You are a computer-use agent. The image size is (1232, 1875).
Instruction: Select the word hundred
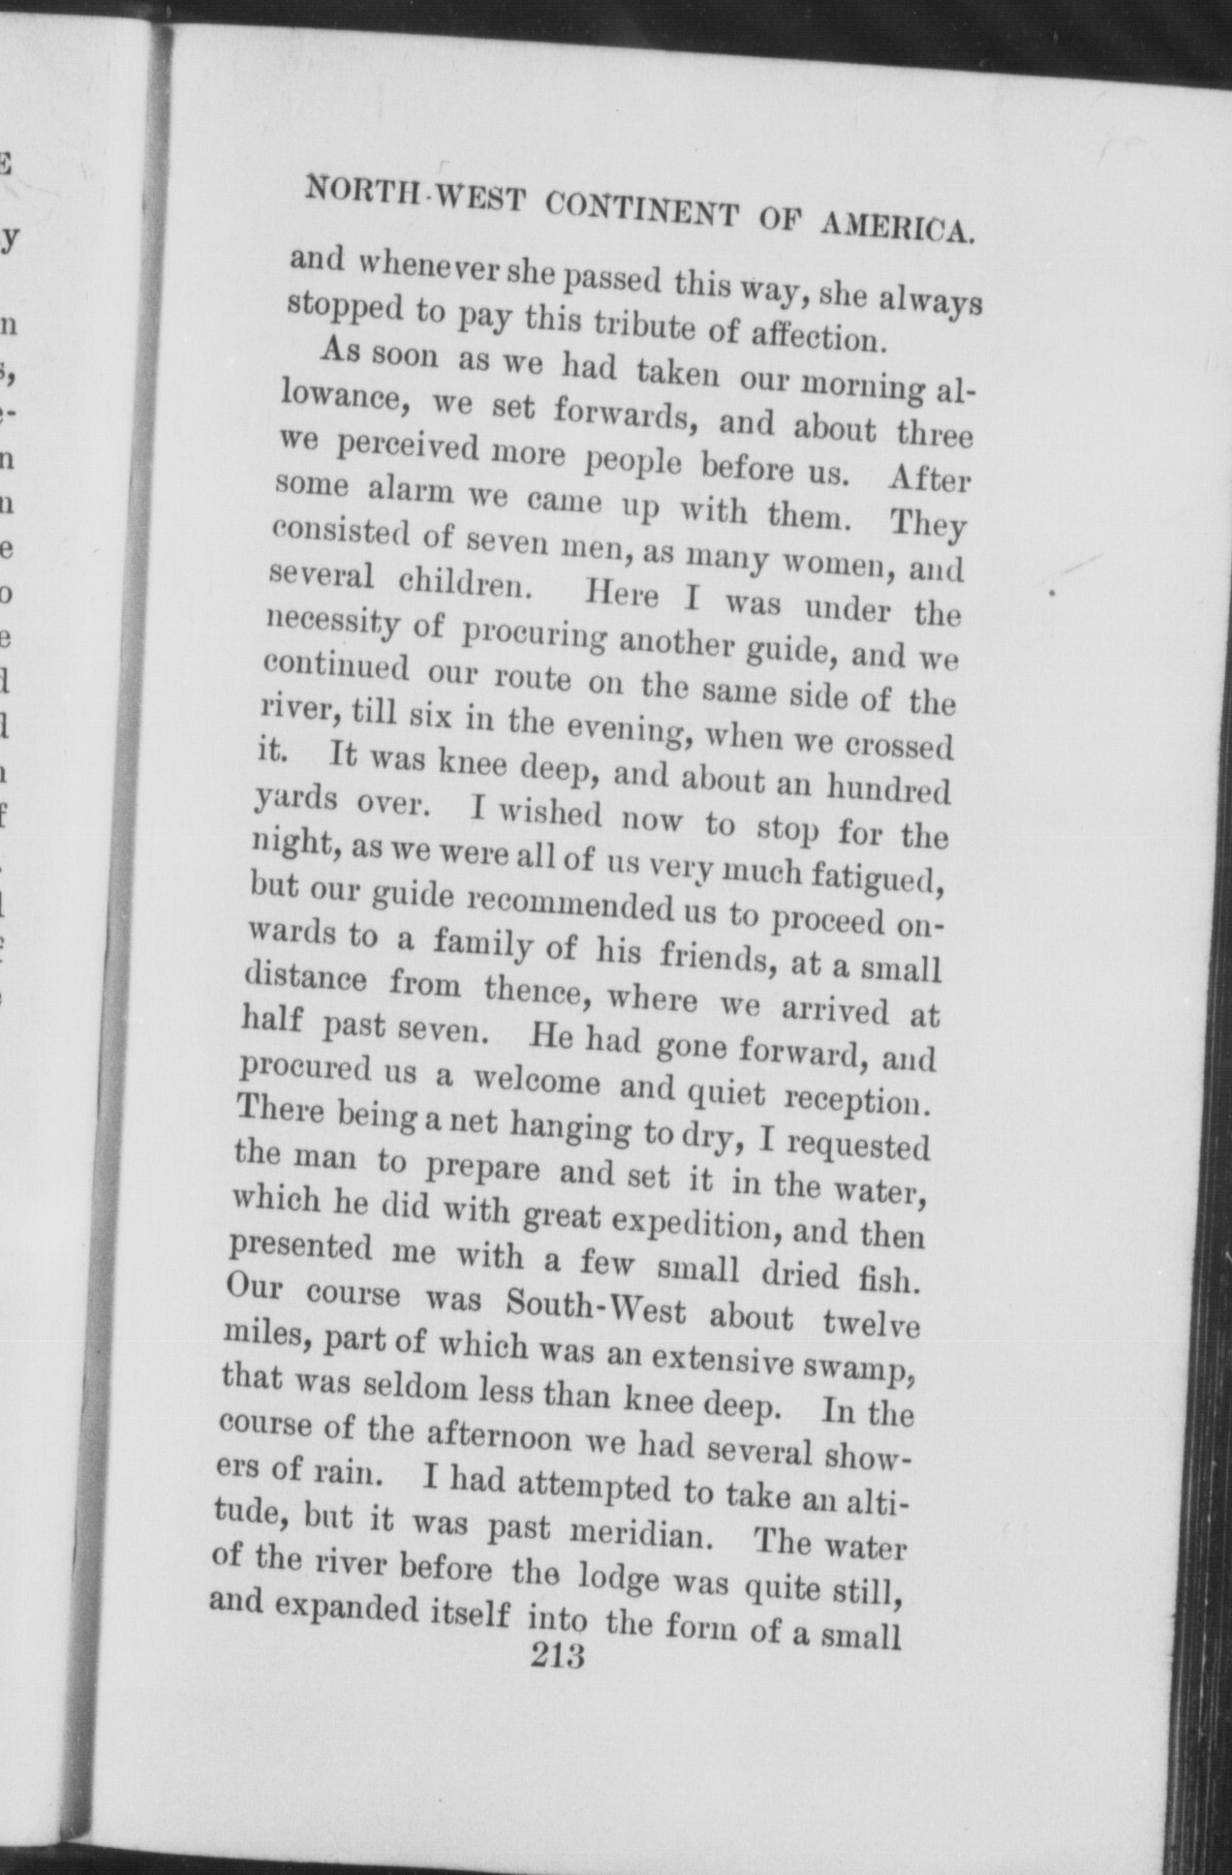click(x=887, y=789)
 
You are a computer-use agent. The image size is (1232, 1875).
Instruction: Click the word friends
click(x=721, y=958)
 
